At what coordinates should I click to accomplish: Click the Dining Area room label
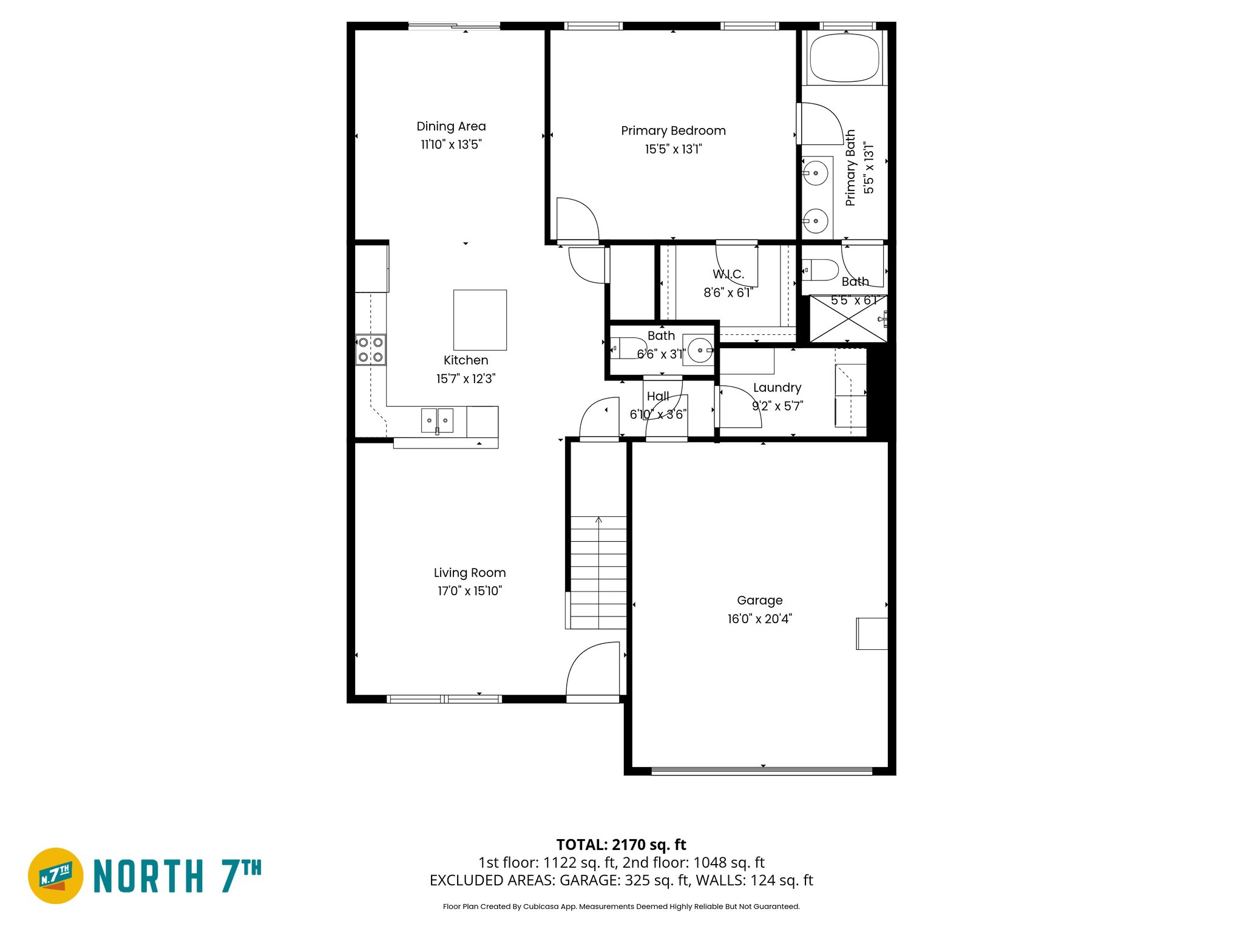[451, 126]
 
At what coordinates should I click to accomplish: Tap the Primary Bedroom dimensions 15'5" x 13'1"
[673, 149]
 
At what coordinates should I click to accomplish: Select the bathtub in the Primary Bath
[844, 58]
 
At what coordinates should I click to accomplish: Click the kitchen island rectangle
[480, 320]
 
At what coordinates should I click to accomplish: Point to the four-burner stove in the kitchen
[370, 349]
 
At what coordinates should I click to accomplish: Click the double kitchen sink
[437, 420]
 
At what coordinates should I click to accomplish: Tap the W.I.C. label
[728, 274]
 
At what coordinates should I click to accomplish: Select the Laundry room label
[777, 388]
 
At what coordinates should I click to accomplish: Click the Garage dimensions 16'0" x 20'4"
[759, 619]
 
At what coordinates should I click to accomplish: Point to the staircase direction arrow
[598, 521]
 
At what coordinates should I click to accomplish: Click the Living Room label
[470, 573]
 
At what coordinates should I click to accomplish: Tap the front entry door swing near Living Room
[592, 670]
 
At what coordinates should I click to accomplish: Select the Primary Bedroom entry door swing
[577, 219]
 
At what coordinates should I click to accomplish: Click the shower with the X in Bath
[848, 319]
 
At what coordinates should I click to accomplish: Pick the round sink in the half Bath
[700, 351]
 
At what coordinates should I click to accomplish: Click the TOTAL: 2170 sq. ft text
[621, 845]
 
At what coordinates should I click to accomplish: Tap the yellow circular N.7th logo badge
[56, 876]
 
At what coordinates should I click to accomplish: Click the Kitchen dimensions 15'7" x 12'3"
[466, 379]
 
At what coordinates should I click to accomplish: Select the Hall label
[658, 396]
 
